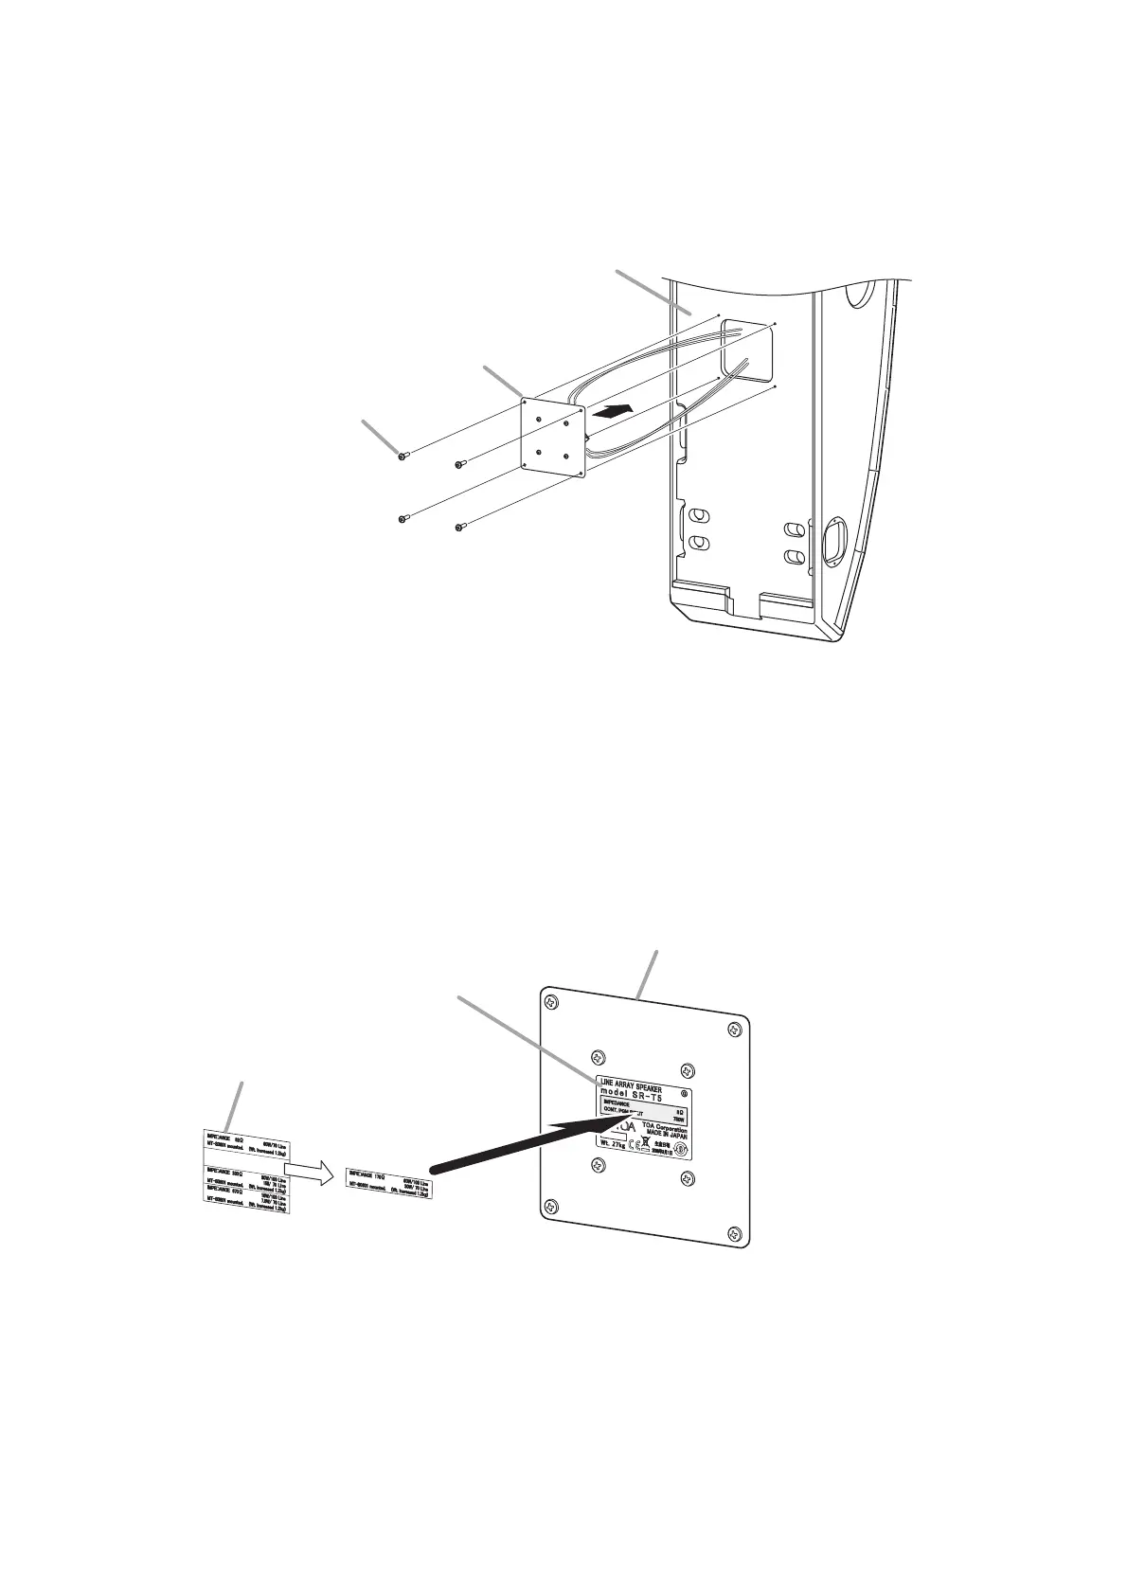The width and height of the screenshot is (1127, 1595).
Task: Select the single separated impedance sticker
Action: click(389, 1183)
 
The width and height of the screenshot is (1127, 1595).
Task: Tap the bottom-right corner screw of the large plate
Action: click(733, 1232)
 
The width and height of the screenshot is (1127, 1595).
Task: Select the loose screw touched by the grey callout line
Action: click(402, 457)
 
